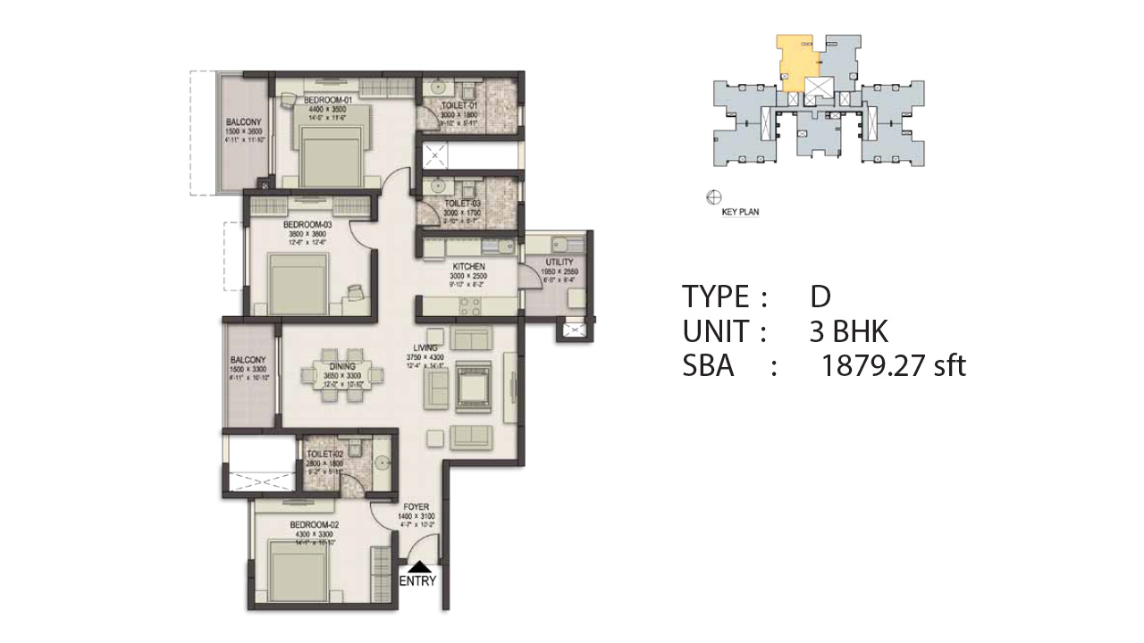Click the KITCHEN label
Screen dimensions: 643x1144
point(468,267)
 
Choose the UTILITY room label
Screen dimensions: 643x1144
point(559,262)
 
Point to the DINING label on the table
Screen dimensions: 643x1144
point(342,366)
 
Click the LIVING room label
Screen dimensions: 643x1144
point(424,347)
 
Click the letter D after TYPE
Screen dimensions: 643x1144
point(820,296)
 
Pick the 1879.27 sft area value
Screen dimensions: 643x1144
point(894,365)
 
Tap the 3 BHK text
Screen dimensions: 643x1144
point(848,331)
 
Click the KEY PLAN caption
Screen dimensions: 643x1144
point(740,213)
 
